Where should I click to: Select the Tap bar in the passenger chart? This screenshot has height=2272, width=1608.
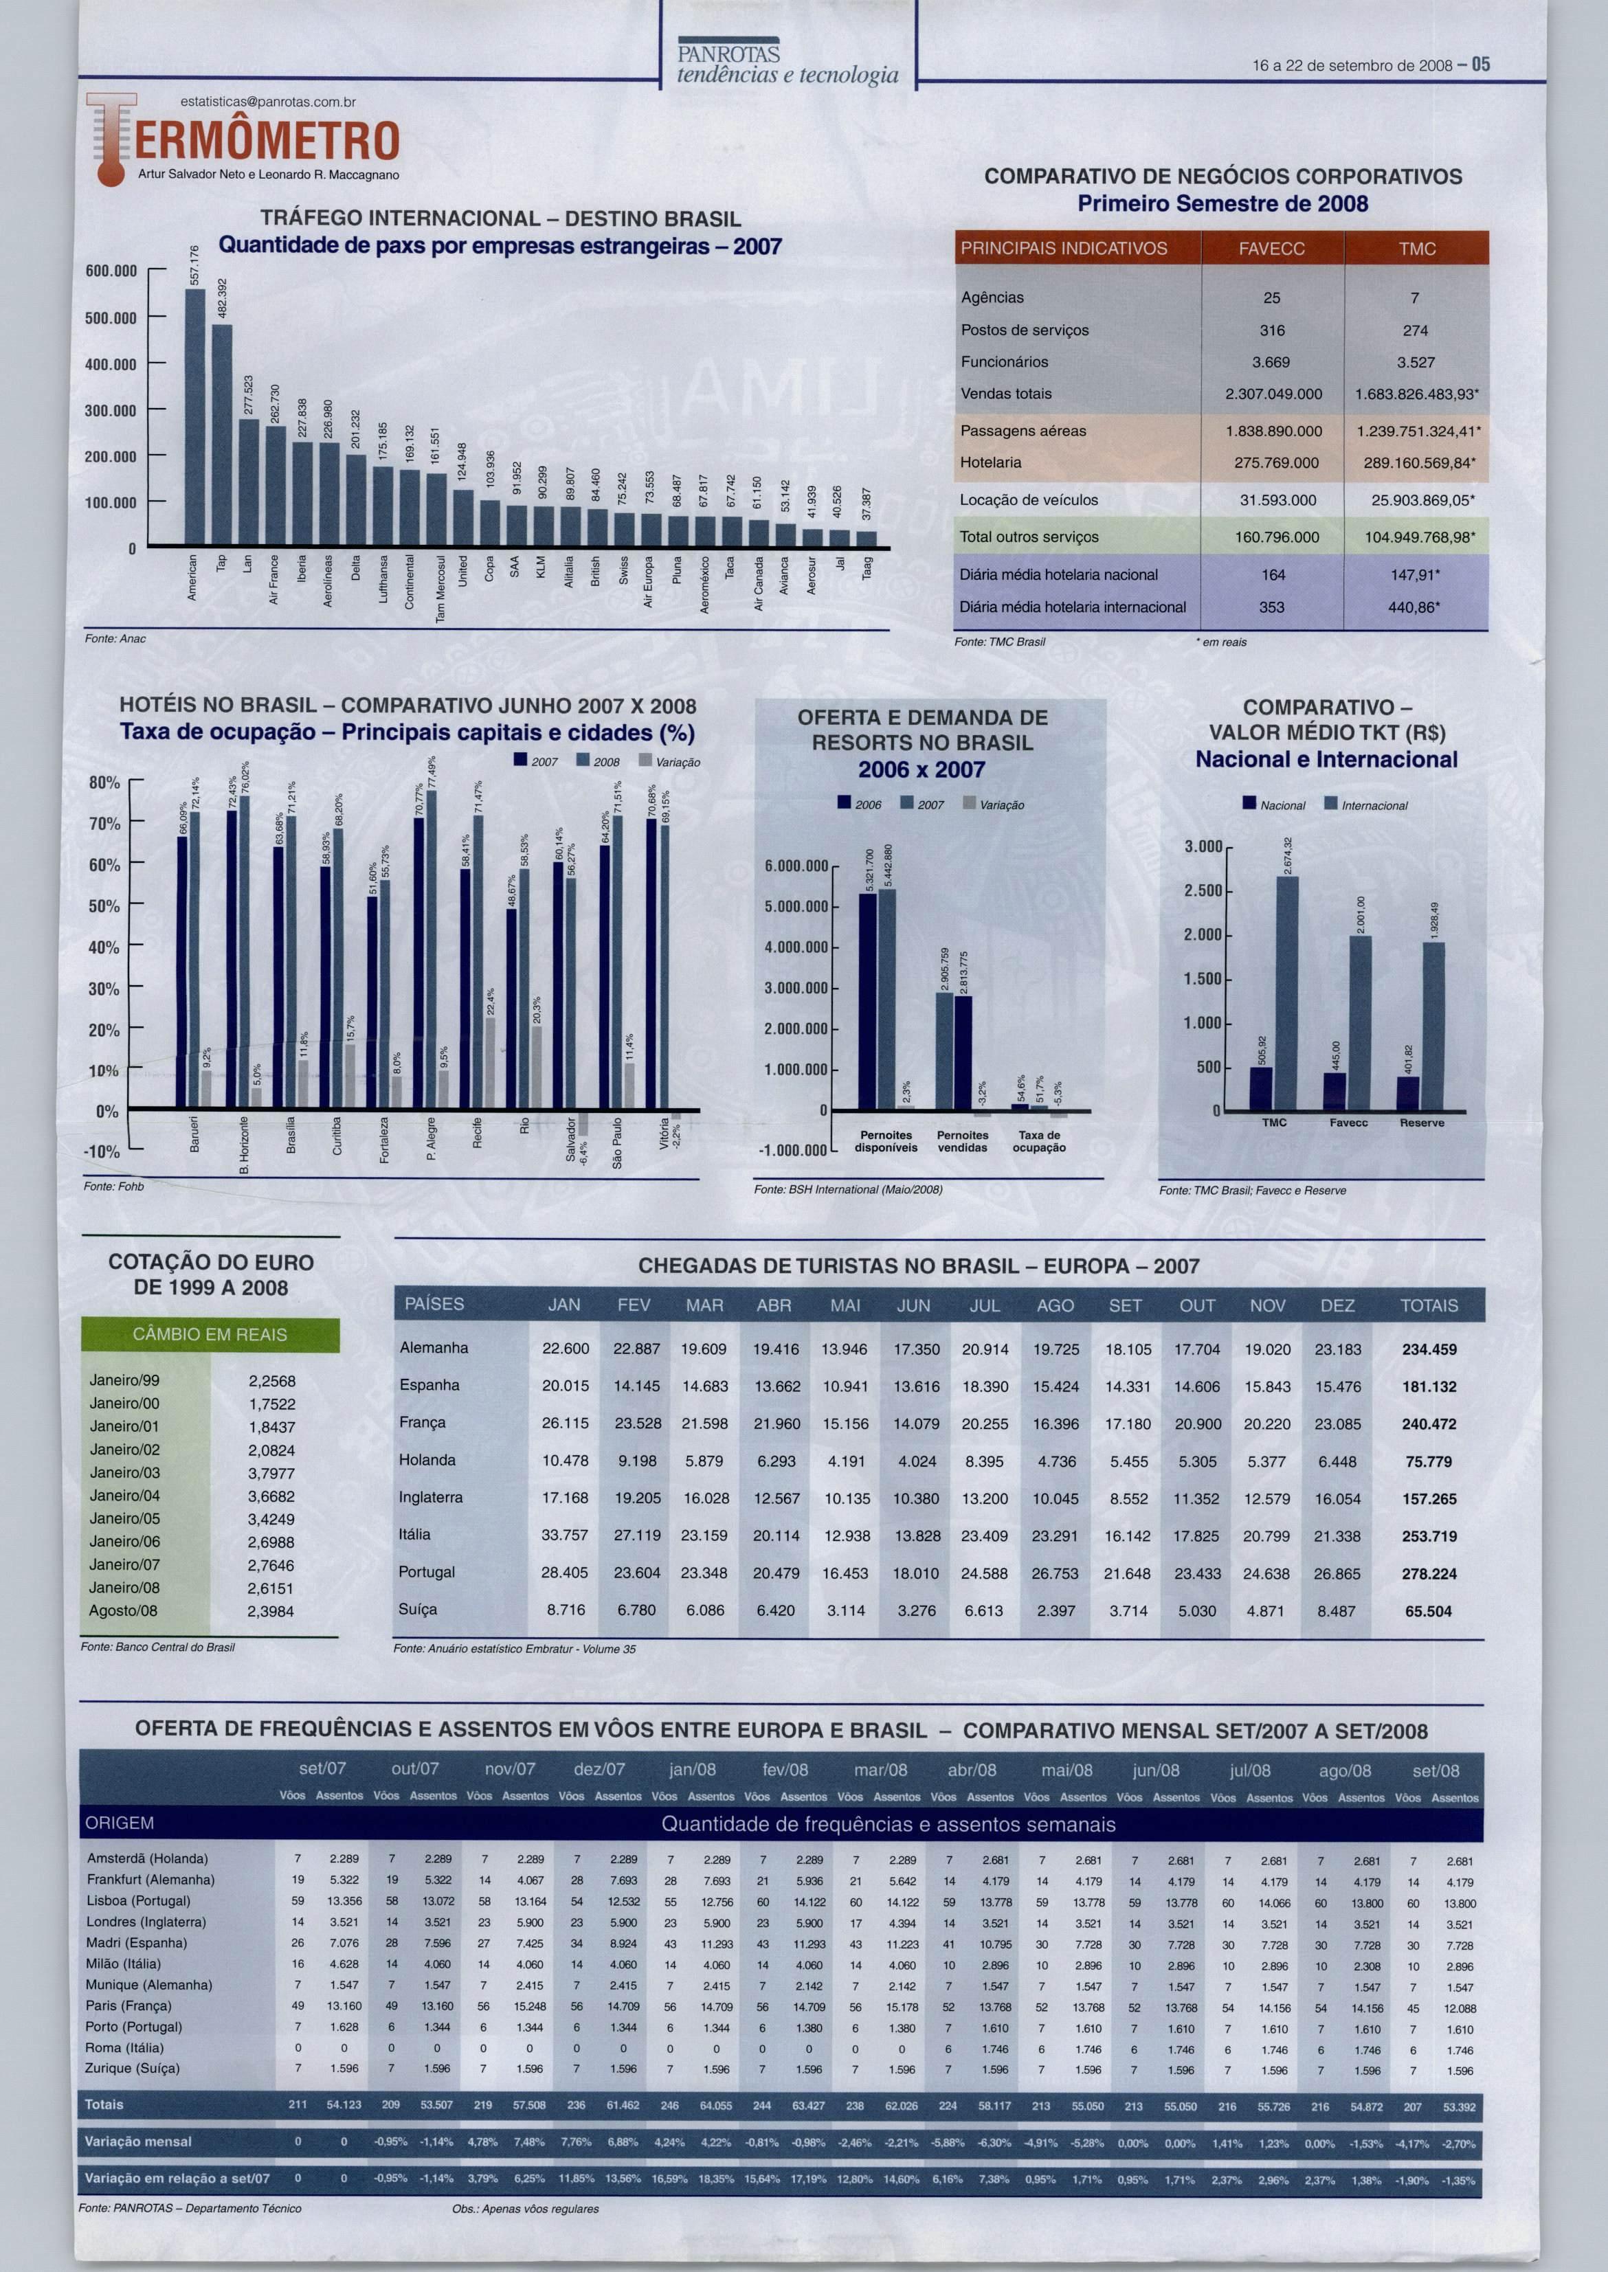coord(222,435)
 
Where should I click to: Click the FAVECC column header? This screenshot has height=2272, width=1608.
coord(1271,249)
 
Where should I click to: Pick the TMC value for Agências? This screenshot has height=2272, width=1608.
coord(1414,298)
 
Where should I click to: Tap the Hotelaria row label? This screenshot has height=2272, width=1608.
coord(990,462)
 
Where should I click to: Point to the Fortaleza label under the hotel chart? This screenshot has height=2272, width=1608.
coord(384,1140)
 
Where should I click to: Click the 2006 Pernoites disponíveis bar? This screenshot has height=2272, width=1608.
coord(867,1006)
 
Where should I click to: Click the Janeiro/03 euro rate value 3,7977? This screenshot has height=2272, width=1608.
coord(271,1473)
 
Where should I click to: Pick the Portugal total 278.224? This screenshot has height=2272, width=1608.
coord(1429,1573)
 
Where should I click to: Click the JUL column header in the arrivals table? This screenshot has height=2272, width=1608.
coord(984,1305)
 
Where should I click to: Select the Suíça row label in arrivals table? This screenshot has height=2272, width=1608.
coord(418,1610)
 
